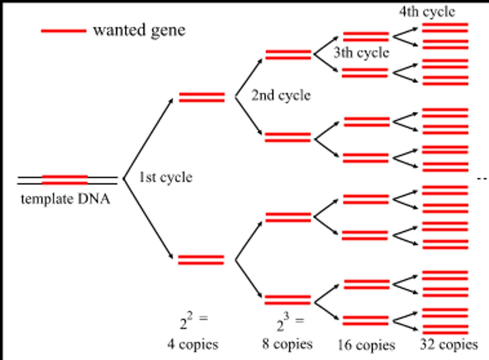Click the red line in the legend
(64, 31)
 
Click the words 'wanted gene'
(139, 30)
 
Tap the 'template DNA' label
(66, 199)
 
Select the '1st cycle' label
(166, 177)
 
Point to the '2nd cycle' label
(281, 95)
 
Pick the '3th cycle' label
(361, 53)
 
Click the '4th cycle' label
(427, 12)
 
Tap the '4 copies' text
(193, 344)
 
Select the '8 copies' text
(287, 344)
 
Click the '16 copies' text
(366, 345)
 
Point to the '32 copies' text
(449, 344)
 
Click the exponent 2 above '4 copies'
(190, 316)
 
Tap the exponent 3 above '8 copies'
(287, 316)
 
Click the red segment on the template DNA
(65, 180)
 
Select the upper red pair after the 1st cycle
(202, 97)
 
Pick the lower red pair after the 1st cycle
(201, 260)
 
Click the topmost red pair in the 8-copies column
(288, 55)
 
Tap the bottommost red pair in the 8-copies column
(288, 300)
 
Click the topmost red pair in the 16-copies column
(366, 36)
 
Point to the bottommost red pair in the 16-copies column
(365, 321)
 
